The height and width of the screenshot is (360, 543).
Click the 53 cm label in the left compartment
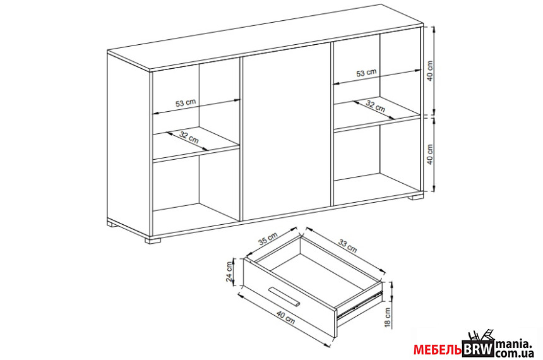click(186, 103)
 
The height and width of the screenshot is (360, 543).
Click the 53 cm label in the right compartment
click(366, 73)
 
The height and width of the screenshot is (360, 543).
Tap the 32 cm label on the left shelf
click(189, 137)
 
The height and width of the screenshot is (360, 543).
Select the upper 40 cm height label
click(430, 71)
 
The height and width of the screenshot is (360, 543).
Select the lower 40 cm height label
click(430, 154)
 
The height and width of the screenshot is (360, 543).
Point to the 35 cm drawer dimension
click(268, 239)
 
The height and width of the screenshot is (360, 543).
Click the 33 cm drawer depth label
click(347, 246)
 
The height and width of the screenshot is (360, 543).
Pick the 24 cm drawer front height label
click(229, 272)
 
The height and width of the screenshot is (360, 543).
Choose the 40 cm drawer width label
click(285, 318)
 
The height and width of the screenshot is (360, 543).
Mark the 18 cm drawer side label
click(388, 318)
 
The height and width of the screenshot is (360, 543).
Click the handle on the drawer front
click(285, 297)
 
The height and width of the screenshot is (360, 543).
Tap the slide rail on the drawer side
click(359, 304)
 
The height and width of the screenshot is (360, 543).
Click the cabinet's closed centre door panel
click(287, 132)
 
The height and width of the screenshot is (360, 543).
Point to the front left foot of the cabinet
click(153, 240)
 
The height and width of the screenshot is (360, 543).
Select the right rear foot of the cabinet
click(415, 198)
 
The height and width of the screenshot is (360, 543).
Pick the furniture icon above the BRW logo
click(480, 336)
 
